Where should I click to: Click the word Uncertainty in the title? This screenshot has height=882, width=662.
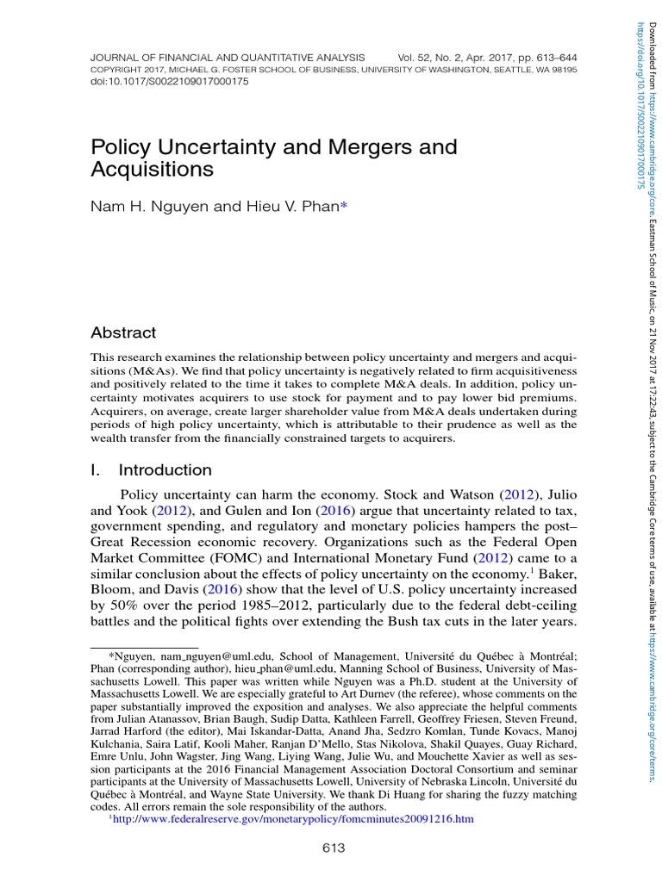coord(209,147)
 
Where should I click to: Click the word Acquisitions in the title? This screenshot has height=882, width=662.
coord(152,170)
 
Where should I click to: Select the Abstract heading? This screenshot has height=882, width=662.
coord(123,332)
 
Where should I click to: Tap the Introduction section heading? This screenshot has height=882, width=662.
coord(165,470)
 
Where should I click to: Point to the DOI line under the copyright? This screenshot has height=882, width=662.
coord(157,81)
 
